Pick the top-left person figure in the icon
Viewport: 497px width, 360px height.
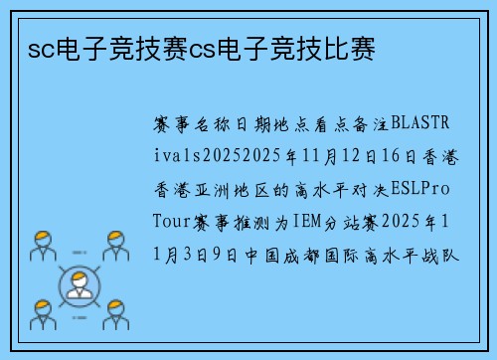(43, 245)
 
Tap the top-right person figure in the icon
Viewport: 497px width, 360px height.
(116, 245)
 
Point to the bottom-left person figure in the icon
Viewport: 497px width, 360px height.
(43, 315)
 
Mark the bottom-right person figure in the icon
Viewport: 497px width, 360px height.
(116, 315)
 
